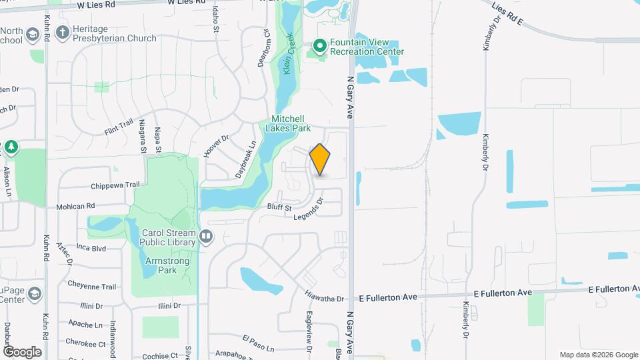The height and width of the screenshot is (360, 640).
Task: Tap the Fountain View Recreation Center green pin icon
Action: click(319, 45)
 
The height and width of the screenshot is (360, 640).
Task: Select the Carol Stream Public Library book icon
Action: click(207, 235)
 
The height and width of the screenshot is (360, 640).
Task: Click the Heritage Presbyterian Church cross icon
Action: click(62, 32)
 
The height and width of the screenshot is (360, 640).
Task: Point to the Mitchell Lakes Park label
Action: click(289, 123)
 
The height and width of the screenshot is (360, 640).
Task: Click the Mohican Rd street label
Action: click(75, 207)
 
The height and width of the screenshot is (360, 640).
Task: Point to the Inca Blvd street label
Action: click(91, 247)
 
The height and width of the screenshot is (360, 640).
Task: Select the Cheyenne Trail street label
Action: click(92, 286)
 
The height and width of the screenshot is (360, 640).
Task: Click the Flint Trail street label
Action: click(119, 127)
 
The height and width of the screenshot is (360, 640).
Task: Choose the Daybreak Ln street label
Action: click(245, 159)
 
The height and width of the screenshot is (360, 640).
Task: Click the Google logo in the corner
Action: click(22, 352)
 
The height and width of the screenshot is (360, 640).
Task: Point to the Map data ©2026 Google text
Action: click(598, 355)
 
